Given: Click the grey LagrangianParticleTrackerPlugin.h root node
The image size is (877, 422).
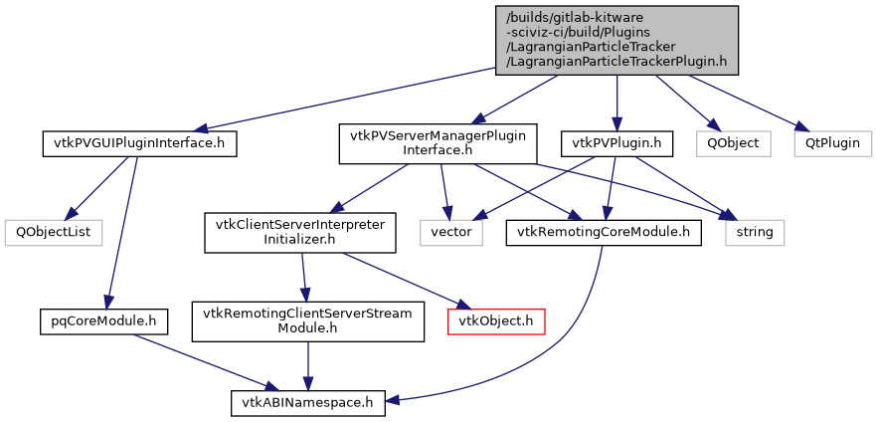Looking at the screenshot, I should tap(616, 38).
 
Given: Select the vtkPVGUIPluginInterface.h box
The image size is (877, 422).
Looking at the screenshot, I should tap(139, 143).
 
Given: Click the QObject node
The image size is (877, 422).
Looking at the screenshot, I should tap(733, 143).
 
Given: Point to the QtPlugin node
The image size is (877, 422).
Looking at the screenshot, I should tap(832, 143).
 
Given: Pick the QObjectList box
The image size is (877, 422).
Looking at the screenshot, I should tap(47, 232).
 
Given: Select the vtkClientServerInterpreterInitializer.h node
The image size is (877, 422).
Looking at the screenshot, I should tap(300, 232).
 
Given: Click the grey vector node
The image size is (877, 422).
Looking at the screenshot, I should tap(449, 232).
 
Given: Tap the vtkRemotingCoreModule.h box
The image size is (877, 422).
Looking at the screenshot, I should tap(603, 232).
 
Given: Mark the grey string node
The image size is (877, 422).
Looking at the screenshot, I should tap(755, 232).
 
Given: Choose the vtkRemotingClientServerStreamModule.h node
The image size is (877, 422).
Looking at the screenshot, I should tap(308, 320).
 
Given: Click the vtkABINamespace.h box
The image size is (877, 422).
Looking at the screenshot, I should tap(308, 403).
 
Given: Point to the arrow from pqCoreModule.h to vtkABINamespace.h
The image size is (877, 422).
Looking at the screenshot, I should tap(199, 360).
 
